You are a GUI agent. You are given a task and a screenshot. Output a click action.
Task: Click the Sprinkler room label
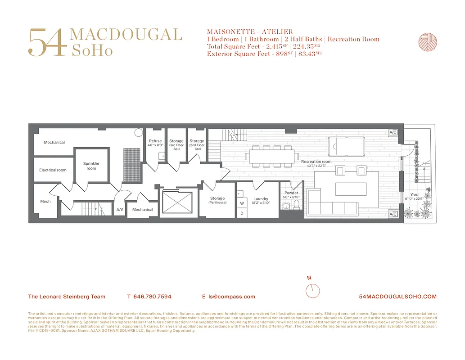(x=91, y=166)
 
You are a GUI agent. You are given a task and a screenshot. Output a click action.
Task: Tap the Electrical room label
(x=53, y=170)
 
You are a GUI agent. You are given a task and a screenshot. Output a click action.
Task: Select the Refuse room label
(x=155, y=143)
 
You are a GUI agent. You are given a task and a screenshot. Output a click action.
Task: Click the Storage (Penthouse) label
(x=217, y=200)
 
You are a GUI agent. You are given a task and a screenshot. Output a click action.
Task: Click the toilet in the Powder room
(x=296, y=205)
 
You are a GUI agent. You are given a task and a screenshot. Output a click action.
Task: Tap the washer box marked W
(x=242, y=203)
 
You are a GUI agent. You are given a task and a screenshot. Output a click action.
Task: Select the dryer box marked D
(x=242, y=213)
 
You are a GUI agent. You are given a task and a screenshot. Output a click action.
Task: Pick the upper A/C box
(x=393, y=132)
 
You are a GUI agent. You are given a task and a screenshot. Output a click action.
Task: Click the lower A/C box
(x=393, y=214)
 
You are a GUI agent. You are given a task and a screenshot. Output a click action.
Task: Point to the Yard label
(x=414, y=195)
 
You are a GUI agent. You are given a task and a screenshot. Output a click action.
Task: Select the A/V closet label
(x=120, y=210)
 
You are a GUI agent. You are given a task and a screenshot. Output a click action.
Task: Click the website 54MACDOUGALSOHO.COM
(x=398, y=297)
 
